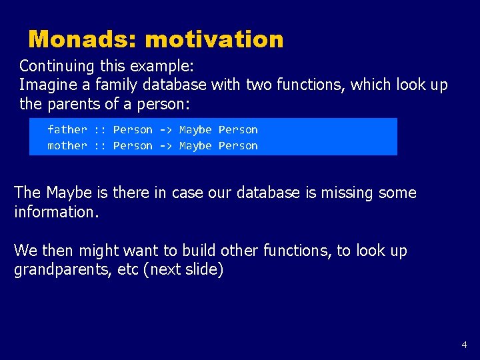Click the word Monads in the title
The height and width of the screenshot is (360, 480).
[82, 39]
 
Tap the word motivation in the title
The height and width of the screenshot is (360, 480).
[214, 39]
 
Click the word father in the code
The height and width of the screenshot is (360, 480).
[67, 129]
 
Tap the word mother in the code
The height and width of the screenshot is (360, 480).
[67, 145]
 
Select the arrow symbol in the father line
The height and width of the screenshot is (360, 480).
[165, 129]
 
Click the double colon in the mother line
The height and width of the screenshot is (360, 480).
[100, 145]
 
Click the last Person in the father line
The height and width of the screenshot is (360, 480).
[238, 129]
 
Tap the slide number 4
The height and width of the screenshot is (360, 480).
[464, 345]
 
